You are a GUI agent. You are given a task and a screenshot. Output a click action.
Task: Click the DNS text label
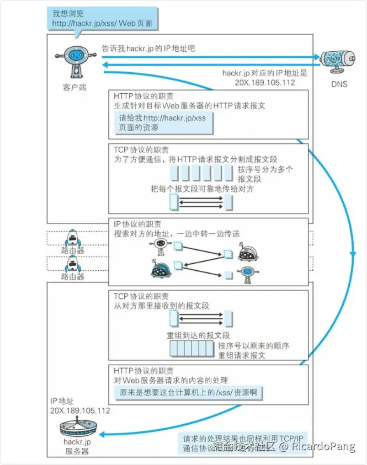click(x=339, y=84)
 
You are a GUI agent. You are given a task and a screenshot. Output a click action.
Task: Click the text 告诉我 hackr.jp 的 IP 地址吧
click(x=148, y=49)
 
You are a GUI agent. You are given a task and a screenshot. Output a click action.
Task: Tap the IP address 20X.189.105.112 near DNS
click(x=264, y=83)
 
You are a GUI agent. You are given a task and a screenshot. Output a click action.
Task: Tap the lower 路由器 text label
click(x=73, y=276)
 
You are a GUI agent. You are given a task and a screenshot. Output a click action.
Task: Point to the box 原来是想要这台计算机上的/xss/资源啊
click(x=188, y=392)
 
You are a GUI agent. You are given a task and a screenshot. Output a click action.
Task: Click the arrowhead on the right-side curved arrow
click(x=352, y=253)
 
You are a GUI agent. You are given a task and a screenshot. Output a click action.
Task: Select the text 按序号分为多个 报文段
click(x=265, y=174)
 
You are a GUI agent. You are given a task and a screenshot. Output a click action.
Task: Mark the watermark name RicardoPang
click(x=323, y=447)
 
